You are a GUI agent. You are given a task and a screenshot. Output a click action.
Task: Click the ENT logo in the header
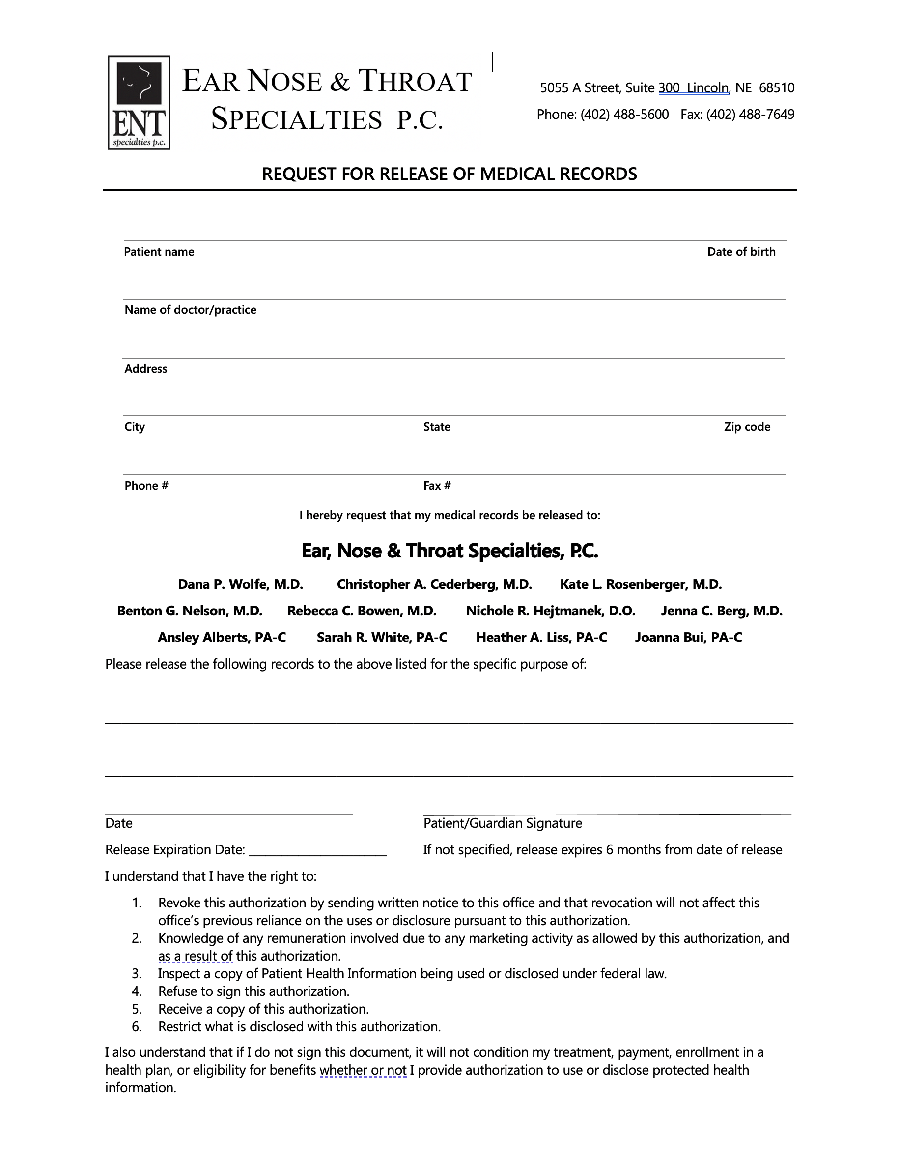[139, 103]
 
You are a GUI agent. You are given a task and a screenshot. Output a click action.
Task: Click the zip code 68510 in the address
[776, 88]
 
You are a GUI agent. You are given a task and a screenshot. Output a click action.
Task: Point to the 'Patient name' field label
[159, 252]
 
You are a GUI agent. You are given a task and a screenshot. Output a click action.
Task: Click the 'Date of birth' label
[741, 252]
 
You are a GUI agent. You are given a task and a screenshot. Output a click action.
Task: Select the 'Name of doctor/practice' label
[191, 310]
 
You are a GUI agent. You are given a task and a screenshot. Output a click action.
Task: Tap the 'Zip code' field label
[747, 427]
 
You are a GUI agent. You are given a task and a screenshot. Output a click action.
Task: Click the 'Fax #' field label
[437, 486]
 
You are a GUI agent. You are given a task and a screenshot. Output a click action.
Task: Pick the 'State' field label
[436, 427]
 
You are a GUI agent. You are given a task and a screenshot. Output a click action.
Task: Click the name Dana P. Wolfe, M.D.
[241, 584]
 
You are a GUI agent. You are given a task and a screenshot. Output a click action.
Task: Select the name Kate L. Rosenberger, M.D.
[641, 584]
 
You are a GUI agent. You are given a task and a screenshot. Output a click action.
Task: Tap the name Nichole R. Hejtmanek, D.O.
[551, 612]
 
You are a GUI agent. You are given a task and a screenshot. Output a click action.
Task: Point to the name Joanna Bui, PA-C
[688, 638]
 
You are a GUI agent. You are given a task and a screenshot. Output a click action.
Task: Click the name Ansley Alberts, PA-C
[222, 638]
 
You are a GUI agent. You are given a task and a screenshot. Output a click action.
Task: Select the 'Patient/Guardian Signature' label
[503, 824]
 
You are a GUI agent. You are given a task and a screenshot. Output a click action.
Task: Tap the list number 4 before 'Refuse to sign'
[137, 992]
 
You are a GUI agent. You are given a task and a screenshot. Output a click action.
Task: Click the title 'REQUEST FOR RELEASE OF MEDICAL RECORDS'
[449, 175]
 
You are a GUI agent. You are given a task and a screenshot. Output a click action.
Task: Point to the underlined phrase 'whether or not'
[363, 1071]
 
